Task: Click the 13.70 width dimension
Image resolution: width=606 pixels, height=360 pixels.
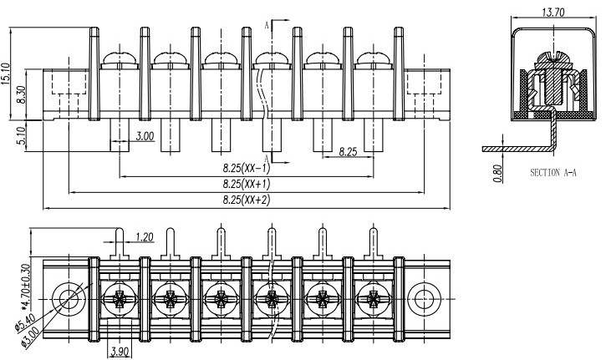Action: pyautogui.click(x=553, y=13)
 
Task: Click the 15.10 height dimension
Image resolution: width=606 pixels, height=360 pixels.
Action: pyautogui.click(x=6, y=74)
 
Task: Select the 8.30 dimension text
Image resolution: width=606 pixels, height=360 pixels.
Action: pyautogui.click(x=22, y=94)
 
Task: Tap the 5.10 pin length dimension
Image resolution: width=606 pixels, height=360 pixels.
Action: pyautogui.click(x=22, y=135)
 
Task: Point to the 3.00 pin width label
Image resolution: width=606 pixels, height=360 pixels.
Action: pyautogui.click(x=145, y=136)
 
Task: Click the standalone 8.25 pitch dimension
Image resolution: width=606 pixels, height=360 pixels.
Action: pyautogui.click(x=349, y=152)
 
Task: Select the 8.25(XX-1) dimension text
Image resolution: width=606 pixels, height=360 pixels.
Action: pyautogui.click(x=247, y=169)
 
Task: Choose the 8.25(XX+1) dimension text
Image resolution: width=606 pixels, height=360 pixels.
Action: pyautogui.click(x=247, y=185)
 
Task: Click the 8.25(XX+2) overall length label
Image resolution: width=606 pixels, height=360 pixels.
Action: pyautogui.click(x=247, y=200)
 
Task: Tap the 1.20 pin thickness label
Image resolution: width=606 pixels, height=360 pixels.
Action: pyautogui.click(x=145, y=236)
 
